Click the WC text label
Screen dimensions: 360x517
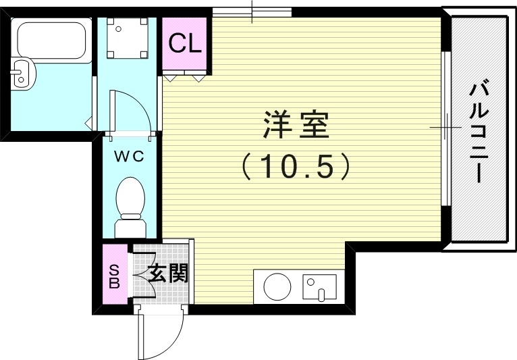pyautogui.click(x=128, y=157)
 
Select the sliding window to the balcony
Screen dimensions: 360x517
pyautogui.click(x=445, y=128)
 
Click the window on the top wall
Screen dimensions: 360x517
pyautogui.click(x=252, y=11)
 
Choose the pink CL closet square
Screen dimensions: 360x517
pyautogui.click(x=185, y=45)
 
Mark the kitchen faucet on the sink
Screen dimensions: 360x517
pyautogui.click(x=321, y=294)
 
